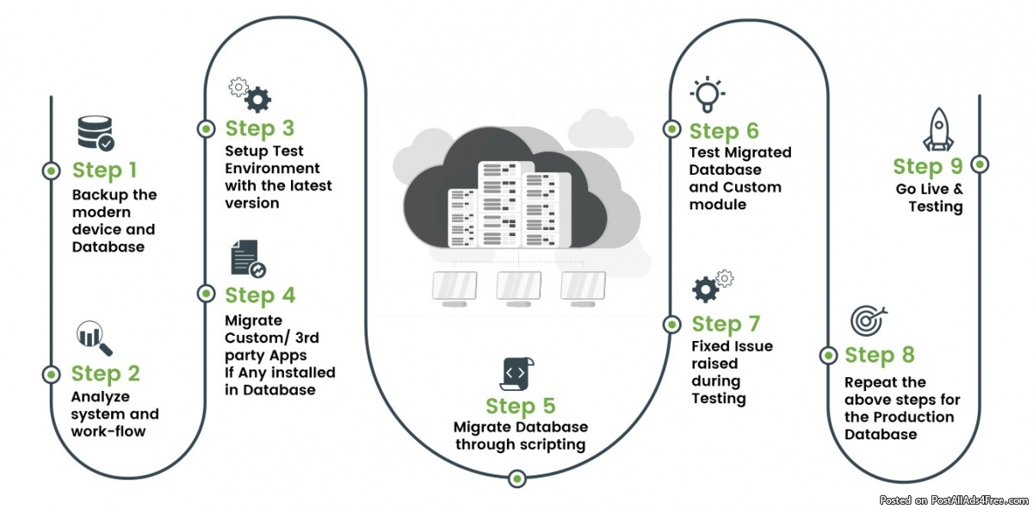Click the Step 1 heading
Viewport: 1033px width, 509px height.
(104, 170)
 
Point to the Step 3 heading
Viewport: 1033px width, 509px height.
(260, 129)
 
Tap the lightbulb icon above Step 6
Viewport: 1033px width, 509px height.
(707, 94)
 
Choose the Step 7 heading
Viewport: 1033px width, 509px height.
(726, 324)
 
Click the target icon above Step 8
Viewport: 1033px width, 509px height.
(868, 320)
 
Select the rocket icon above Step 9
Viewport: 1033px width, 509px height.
(937, 131)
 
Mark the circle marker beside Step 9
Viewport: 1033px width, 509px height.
(980, 164)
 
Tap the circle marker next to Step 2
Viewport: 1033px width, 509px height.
(51, 374)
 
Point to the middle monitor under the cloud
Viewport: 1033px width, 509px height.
(518, 287)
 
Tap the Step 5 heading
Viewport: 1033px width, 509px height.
(521, 406)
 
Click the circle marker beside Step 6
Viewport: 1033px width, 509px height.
(671, 129)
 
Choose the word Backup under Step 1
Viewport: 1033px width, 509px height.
(96, 196)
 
